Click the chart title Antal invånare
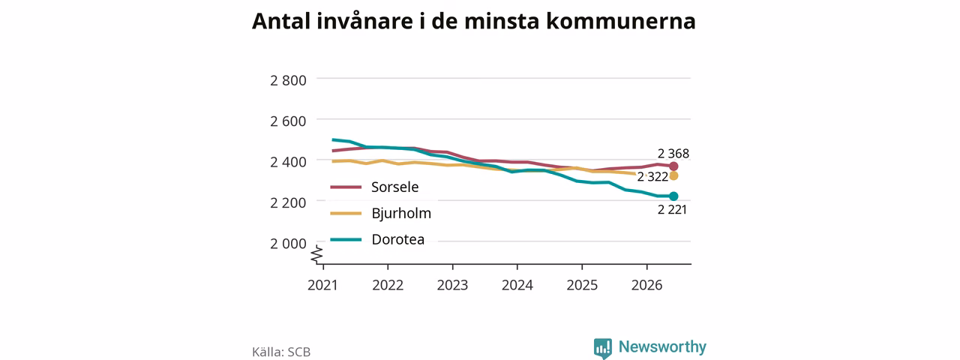pos(473,22)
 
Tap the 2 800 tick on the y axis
pos(288,80)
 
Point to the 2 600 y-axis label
pos(288,121)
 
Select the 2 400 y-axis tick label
pos(288,161)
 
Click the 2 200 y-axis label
pos(288,202)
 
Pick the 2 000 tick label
pos(288,244)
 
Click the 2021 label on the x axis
pos(322,285)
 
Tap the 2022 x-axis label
pos(388,285)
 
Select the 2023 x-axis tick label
pos(452,285)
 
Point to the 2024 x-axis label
pos(517,285)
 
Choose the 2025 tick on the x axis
pos(582,285)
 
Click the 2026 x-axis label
pos(646,285)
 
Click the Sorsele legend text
pos(394,187)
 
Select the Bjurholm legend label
pos(401,214)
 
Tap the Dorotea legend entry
pos(397,239)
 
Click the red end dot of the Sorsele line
pos(673,166)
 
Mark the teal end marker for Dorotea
pos(673,196)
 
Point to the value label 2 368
pos(673,154)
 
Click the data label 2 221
pos(673,209)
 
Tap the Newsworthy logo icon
pos(602,347)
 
